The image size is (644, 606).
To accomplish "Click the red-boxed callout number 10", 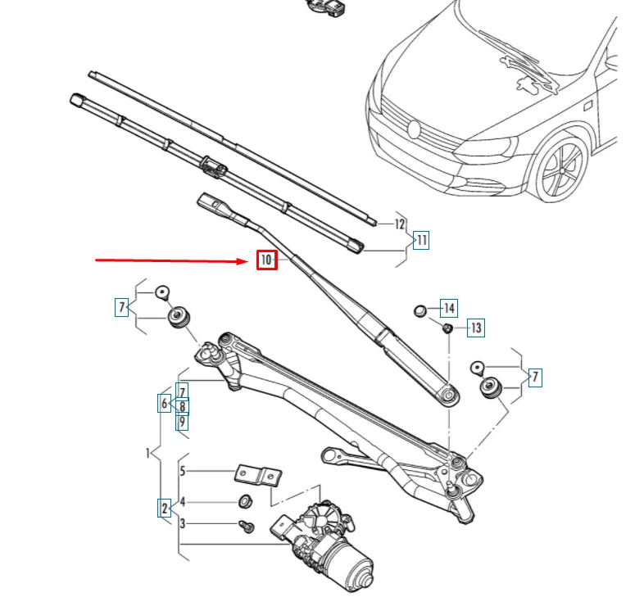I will [x=267, y=260].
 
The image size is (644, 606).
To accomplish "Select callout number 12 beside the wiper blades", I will [x=400, y=224].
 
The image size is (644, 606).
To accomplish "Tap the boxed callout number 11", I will [x=421, y=241].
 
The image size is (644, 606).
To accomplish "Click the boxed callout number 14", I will [x=448, y=309].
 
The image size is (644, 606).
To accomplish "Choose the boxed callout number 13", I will [x=475, y=328].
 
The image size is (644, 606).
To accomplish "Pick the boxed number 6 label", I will [x=165, y=404].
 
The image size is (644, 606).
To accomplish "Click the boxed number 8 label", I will [x=182, y=406].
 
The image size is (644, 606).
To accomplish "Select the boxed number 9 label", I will [x=182, y=421].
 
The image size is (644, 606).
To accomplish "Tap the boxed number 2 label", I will [x=165, y=508].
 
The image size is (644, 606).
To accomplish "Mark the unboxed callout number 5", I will [x=184, y=471].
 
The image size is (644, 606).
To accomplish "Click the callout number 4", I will [x=184, y=501].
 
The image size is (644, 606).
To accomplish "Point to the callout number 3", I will [x=184, y=523].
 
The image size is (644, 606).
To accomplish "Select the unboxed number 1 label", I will [x=148, y=452].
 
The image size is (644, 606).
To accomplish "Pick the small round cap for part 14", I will [x=420, y=310].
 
